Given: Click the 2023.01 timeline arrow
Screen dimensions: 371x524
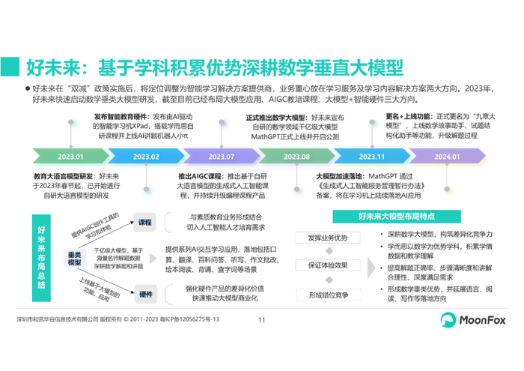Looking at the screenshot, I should (x=70, y=156).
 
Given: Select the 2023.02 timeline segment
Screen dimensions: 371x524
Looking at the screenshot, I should (x=147, y=156).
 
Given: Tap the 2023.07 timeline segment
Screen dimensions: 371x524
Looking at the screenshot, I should (x=222, y=156).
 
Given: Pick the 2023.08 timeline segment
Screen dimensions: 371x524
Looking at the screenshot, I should (x=296, y=156).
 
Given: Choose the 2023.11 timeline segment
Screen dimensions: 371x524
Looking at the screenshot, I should (x=371, y=156).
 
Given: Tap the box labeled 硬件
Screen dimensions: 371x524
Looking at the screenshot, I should (x=145, y=294).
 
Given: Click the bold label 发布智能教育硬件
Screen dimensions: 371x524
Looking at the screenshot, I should (x=121, y=118).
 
